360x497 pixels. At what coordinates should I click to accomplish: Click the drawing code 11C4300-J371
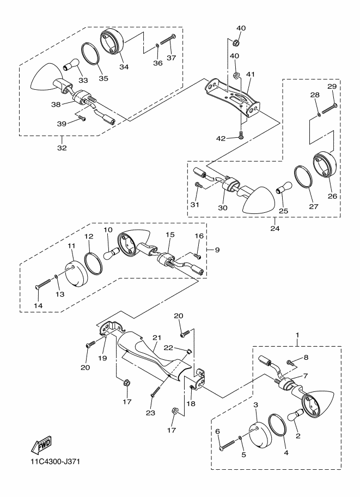pos(55,461)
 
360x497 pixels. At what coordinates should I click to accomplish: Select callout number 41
pos(251,74)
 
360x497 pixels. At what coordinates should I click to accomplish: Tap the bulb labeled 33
pos(71,64)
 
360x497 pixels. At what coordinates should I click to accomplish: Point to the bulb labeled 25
pos(284,187)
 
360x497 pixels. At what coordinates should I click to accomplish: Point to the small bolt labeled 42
pos(241,136)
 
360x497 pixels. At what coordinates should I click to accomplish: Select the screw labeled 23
pos(160,384)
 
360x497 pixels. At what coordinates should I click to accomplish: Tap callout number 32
pos(62,148)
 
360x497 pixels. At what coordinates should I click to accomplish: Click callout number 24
pos(275,228)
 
